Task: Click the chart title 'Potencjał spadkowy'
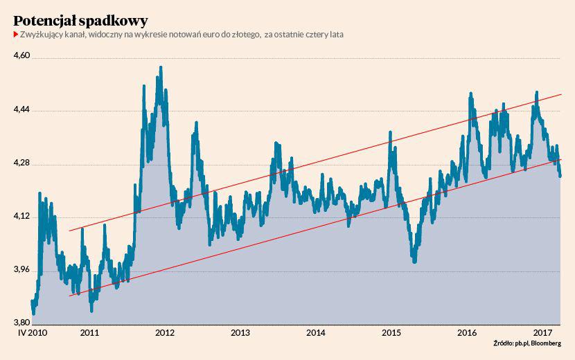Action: click(x=80, y=19)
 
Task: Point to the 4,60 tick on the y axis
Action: click(x=22, y=57)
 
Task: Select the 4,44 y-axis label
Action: click(x=22, y=110)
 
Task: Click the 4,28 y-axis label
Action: click(x=22, y=163)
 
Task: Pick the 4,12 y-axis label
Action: click(x=22, y=217)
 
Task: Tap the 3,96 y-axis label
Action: click(x=22, y=270)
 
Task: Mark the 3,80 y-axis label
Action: click(x=22, y=323)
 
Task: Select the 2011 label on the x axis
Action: click(x=89, y=333)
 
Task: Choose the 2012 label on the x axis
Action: click(x=165, y=333)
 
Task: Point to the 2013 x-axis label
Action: click(x=240, y=333)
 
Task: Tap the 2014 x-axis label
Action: click(x=316, y=333)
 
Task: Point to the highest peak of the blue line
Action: click(x=161, y=67)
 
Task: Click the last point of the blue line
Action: click(x=560, y=177)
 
